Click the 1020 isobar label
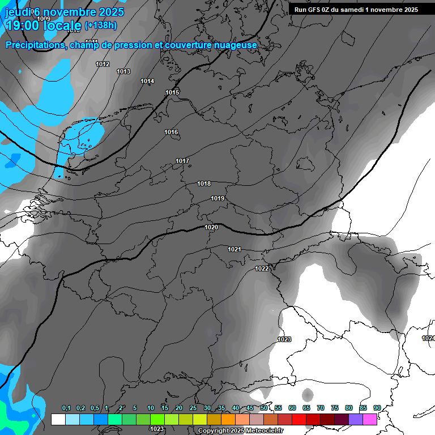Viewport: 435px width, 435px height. pyautogui.click(x=211, y=227)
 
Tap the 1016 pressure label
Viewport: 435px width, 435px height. pyautogui.click(x=171, y=132)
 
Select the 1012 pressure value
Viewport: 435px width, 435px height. pyautogui.click(x=103, y=64)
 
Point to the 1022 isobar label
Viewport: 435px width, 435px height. pyautogui.click(x=262, y=268)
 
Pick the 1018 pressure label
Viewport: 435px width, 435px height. pyautogui.click(x=204, y=184)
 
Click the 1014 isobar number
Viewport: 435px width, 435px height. pyautogui.click(x=147, y=82)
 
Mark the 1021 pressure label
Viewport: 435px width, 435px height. pyautogui.click(x=234, y=249)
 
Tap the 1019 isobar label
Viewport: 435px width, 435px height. pyautogui.click(x=217, y=198)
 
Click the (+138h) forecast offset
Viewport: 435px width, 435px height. pyautogui.click(x=101, y=25)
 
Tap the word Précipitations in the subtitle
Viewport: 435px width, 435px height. pyautogui.click(x=36, y=45)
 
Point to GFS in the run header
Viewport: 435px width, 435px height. pyautogui.click(x=317, y=10)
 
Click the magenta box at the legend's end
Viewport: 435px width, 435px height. pyautogui.click(x=370, y=419)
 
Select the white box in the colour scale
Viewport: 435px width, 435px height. pyautogui.click(x=58, y=419)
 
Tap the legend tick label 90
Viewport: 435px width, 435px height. pyautogui.click(x=377, y=408)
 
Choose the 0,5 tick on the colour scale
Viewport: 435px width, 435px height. pyautogui.click(x=95, y=408)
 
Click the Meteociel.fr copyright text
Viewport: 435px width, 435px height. pyautogui.click(x=241, y=431)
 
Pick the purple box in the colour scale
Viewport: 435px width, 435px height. pyautogui.click(x=356, y=419)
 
